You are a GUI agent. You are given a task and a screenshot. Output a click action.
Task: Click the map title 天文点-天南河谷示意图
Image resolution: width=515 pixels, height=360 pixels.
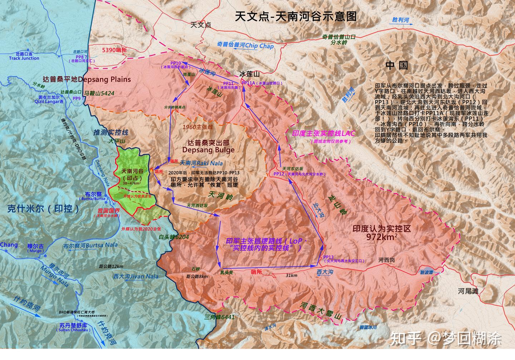click(296, 16)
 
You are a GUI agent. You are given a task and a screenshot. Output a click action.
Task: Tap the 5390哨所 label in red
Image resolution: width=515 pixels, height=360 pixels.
click(114, 50)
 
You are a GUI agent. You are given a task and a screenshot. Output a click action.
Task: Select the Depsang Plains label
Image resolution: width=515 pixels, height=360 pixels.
click(87, 79)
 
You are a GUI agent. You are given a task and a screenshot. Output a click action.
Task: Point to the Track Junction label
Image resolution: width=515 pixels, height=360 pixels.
click(24, 58)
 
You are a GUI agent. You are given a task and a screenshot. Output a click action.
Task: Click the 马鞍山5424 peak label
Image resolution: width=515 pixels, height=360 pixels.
click(99, 94)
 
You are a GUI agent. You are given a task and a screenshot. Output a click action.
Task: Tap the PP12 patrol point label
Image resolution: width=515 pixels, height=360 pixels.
click(278, 174)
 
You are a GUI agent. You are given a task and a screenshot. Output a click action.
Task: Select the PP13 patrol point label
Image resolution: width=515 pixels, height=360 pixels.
click(328, 257)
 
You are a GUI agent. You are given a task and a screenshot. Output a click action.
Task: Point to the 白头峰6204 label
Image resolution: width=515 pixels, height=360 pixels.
click(173, 237)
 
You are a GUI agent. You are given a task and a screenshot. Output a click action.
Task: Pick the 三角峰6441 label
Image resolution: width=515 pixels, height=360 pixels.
click(220, 317)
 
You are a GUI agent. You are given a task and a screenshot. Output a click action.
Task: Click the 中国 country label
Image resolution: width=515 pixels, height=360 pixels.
click(397, 65)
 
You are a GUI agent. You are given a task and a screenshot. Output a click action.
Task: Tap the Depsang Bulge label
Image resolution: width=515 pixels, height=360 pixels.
click(208, 150)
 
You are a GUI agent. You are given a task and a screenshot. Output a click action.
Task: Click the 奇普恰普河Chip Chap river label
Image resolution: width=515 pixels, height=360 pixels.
click(245, 45)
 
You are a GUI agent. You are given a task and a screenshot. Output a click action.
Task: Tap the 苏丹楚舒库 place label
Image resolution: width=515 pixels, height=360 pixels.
click(73, 326)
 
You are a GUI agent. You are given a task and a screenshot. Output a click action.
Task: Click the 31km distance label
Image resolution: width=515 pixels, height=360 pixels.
click(291, 275)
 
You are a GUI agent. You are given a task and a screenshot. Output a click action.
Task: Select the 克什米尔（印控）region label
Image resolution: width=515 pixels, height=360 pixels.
click(44, 209)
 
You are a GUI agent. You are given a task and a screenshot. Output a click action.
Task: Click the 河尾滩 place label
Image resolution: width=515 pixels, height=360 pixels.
click(468, 291)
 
